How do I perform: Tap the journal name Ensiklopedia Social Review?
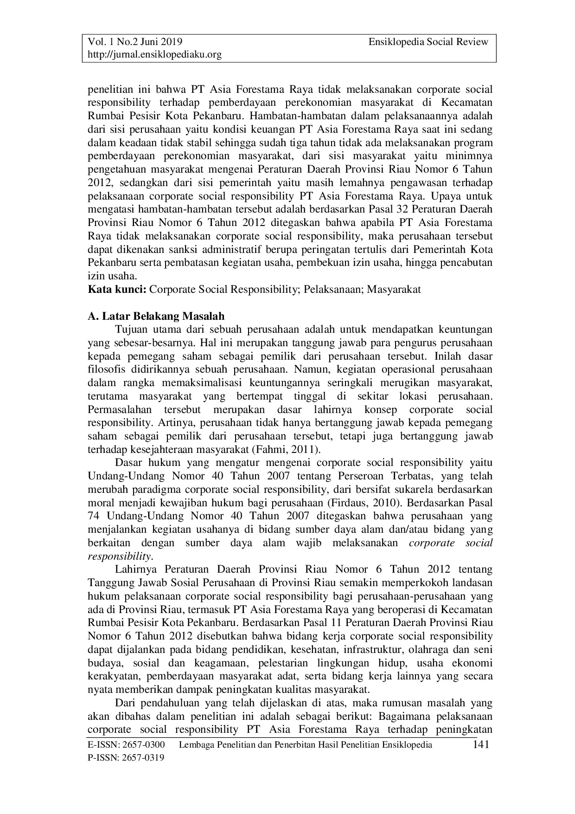coord(428,42)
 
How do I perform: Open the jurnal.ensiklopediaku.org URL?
coord(155,55)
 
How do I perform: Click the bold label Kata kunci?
coord(117,290)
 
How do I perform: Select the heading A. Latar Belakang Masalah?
coord(156,317)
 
